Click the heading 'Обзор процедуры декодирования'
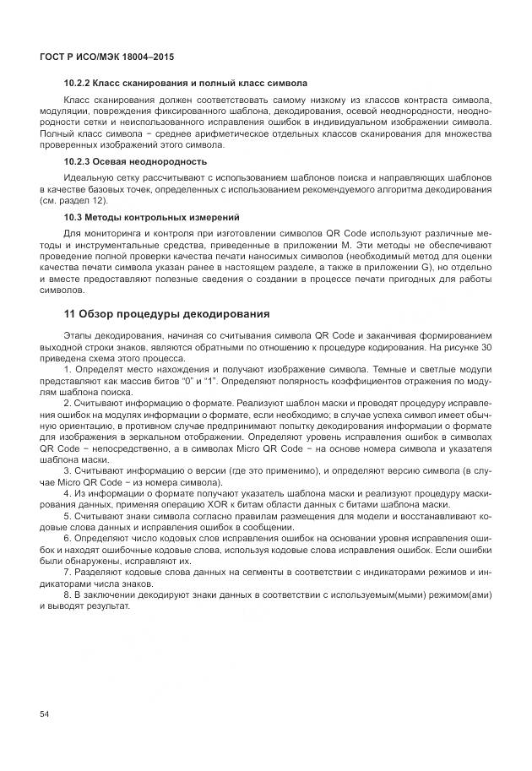[175, 314]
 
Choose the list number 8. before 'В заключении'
[68, 595]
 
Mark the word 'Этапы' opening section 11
[80, 336]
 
